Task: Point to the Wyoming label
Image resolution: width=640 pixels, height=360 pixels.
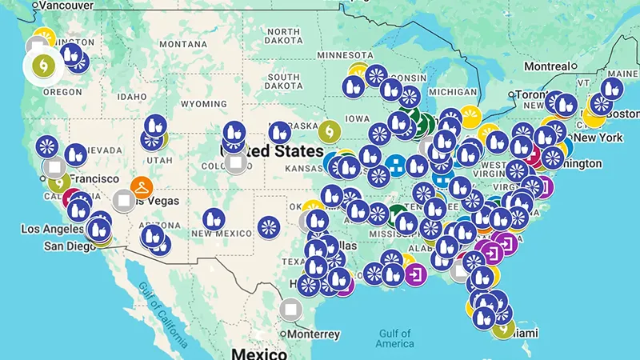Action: [204, 104]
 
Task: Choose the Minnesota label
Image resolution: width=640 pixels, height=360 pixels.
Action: [346, 54]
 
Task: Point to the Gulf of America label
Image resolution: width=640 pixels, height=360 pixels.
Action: [397, 338]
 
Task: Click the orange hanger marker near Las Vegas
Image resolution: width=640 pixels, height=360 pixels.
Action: [142, 188]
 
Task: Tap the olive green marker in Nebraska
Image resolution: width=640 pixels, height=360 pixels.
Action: [329, 130]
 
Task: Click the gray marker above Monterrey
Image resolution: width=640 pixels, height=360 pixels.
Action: [290, 308]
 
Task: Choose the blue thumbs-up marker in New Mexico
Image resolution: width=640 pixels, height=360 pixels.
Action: [212, 218]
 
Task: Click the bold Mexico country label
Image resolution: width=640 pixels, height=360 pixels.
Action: [258, 354]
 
